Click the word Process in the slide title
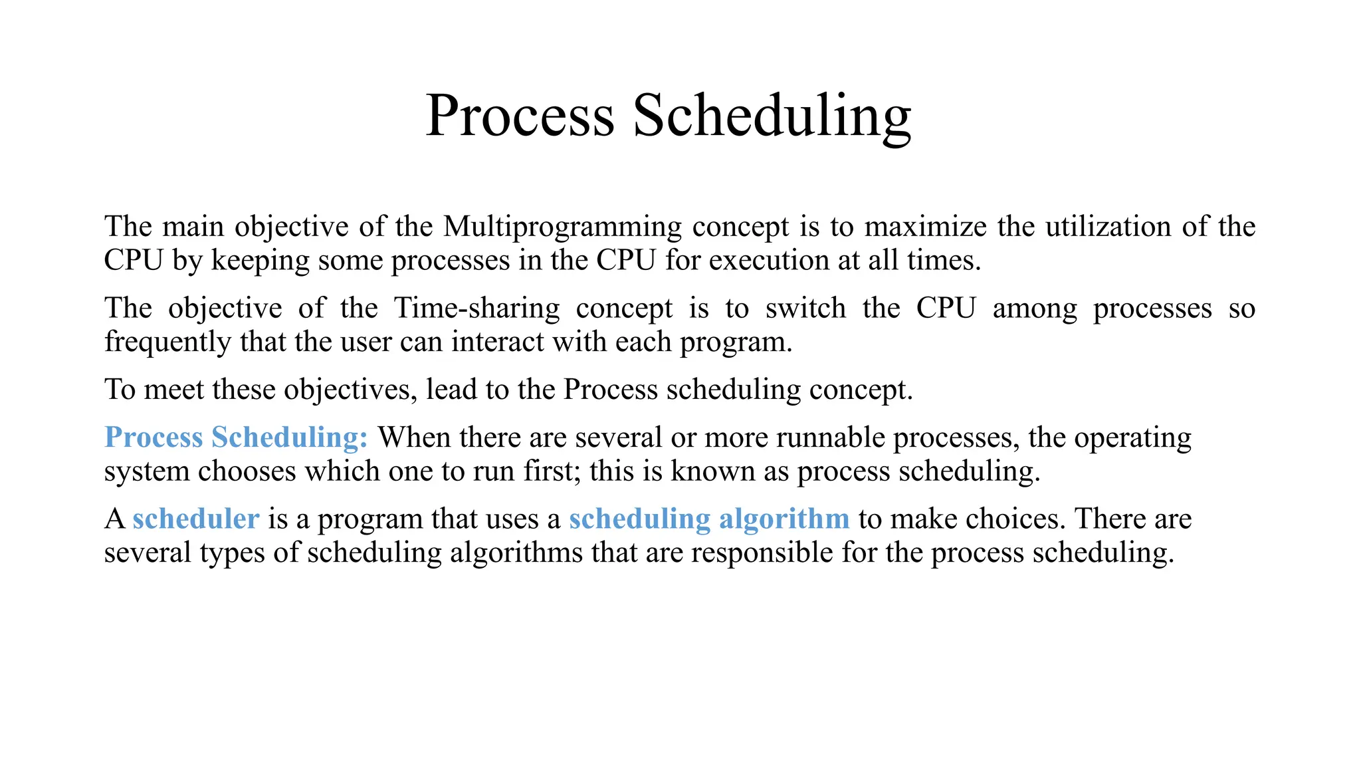[x=520, y=116]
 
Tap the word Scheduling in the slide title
[x=772, y=117]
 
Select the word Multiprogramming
[x=562, y=227]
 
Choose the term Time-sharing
[x=476, y=309]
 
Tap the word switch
[x=805, y=309]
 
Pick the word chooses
[x=247, y=471]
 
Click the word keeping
[x=260, y=261]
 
